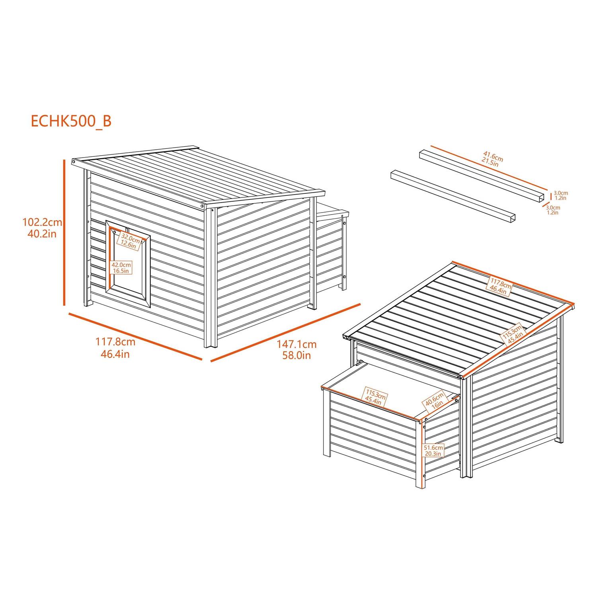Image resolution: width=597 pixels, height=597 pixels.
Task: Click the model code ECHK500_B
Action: (x=71, y=121)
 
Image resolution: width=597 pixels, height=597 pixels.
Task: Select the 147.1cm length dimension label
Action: (x=297, y=349)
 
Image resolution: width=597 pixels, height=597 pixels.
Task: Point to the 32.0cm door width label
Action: (x=130, y=242)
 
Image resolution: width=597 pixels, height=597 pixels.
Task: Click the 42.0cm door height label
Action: (x=121, y=267)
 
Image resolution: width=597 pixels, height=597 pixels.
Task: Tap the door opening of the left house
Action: (x=128, y=264)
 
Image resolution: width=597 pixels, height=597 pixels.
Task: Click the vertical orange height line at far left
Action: (x=64, y=232)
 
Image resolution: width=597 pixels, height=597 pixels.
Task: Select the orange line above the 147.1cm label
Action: (x=285, y=333)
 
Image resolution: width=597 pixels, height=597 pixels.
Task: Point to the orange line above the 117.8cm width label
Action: (x=135, y=336)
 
